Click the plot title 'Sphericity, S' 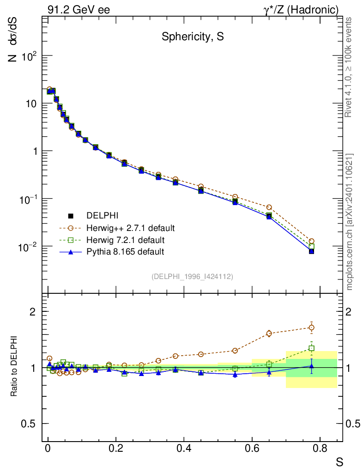click(193, 37)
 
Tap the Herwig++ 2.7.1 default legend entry click(130, 228)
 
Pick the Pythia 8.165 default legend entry click(125, 252)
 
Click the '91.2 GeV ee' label click(79, 9)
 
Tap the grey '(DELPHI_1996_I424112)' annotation click(192, 276)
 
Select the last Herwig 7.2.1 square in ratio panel click(312, 348)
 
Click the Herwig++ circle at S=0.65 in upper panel click(269, 207)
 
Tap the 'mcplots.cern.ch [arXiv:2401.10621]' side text click(350, 222)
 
